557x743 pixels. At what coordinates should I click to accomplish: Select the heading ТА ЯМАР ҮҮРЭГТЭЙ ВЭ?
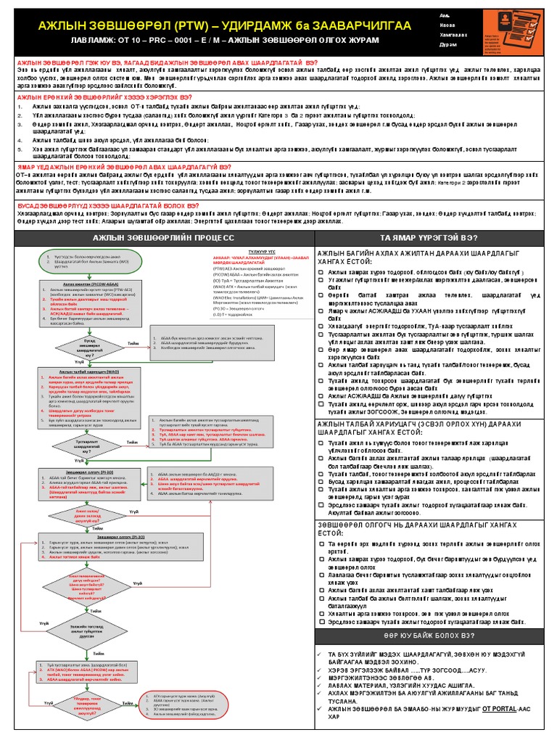[432, 238]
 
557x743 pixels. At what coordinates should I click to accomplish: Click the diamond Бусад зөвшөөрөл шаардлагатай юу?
[89, 342]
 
